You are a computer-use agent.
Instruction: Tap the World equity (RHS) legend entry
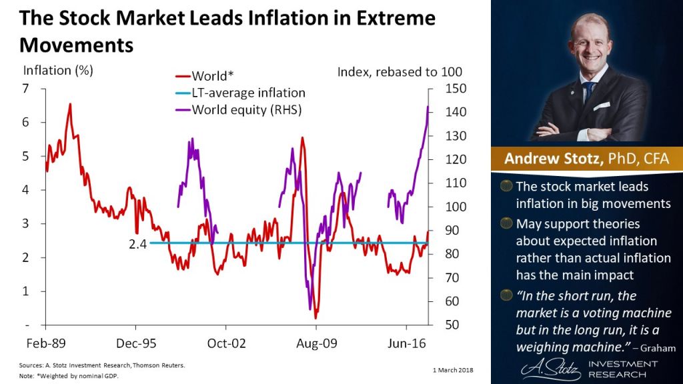click(246, 109)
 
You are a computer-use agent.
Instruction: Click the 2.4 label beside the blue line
click(137, 243)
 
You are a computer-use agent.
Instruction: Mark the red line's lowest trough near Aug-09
click(315, 318)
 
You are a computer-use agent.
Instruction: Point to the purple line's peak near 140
click(427, 107)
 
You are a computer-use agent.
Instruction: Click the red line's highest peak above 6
click(69, 104)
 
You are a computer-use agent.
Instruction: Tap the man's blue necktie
click(588, 93)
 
